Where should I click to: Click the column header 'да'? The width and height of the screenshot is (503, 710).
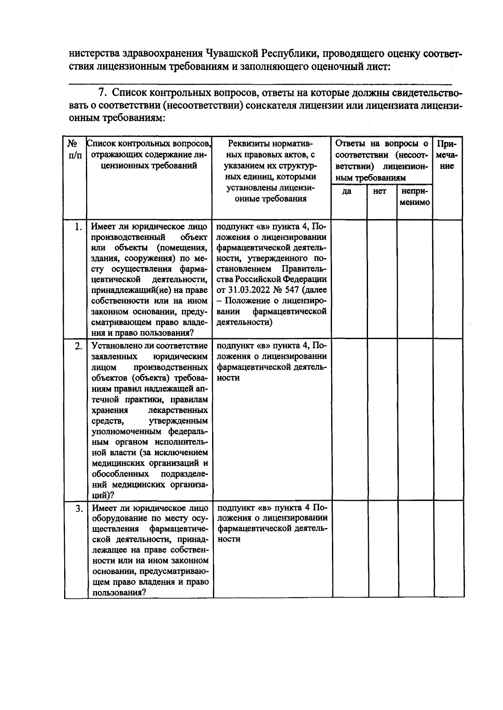click(x=347, y=192)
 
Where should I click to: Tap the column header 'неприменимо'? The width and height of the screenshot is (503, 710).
click(x=415, y=197)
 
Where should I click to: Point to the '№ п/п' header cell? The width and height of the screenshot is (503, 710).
click(x=74, y=150)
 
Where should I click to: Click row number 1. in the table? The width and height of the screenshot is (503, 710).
click(x=77, y=227)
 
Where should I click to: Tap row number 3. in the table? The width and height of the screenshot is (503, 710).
click(x=79, y=509)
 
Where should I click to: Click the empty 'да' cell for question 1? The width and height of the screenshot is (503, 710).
click(x=349, y=279)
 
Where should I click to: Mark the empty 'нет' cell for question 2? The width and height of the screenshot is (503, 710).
click(x=382, y=419)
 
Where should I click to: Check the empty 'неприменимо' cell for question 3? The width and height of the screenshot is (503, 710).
click(x=415, y=549)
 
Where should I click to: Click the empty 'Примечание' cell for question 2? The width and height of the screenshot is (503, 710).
click(x=448, y=419)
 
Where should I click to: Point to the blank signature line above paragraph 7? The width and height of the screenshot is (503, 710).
click(x=260, y=83)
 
